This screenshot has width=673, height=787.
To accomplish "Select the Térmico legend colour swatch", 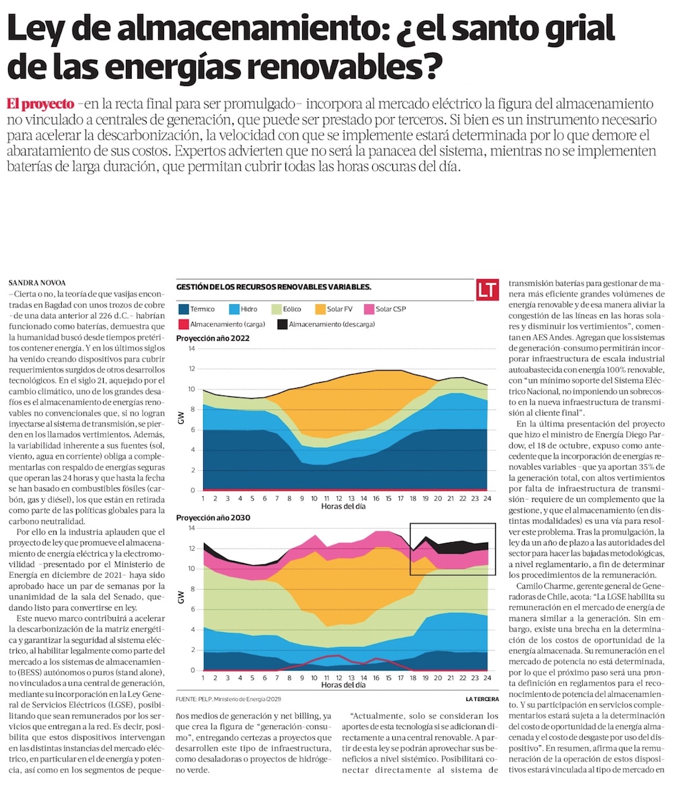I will pyautogui.click(x=182, y=309).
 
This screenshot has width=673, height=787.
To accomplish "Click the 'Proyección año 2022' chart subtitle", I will pyautogui.click(x=212, y=338).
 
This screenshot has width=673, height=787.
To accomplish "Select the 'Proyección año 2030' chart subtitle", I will pyautogui.click(x=212, y=519).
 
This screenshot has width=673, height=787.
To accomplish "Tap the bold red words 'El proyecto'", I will pyautogui.click(x=40, y=104).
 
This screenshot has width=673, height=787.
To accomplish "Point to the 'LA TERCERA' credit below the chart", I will pyautogui.click(x=482, y=699).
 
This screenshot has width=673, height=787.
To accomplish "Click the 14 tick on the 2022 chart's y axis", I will pyautogui.click(x=191, y=348).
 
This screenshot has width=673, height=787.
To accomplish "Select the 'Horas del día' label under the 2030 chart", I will pyautogui.click(x=344, y=685).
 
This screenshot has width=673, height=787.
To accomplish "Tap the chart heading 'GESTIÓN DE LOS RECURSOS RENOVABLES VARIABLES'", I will pyautogui.click(x=273, y=287).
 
